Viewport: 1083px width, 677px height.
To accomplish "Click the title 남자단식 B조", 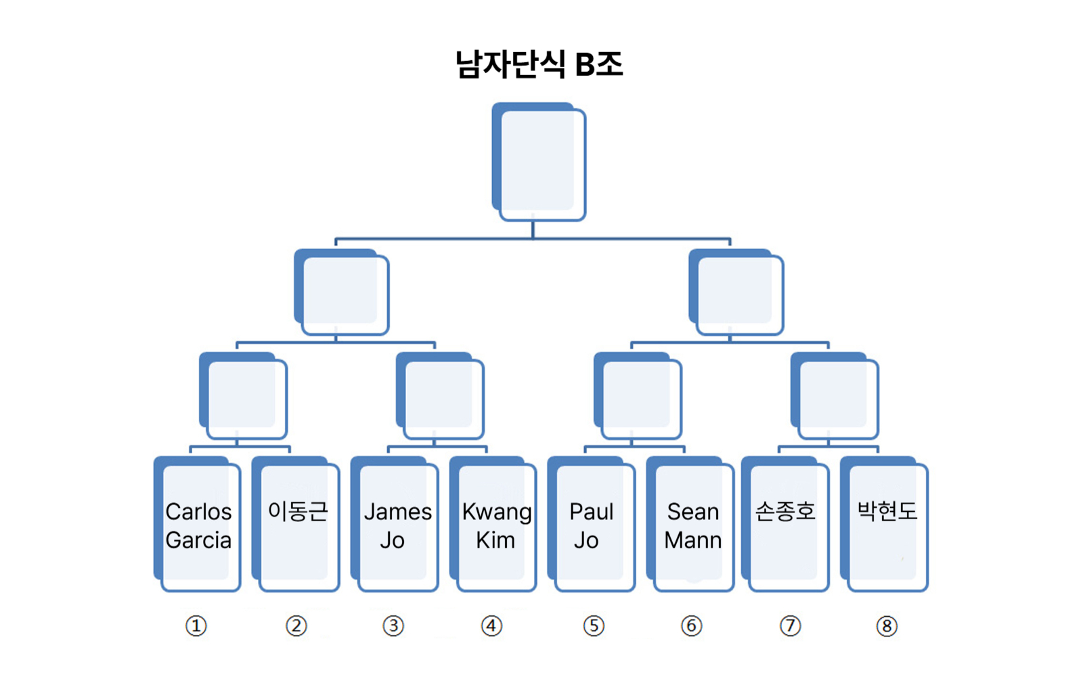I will pyautogui.click(x=539, y=65).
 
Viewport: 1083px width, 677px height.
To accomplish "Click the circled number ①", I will pyautogui.click(x=196, y=626).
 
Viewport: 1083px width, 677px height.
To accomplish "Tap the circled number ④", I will pyautogui.click(x=492, y=626).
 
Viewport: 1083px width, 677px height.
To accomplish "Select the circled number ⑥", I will pyautogui.click(x=691, y=626).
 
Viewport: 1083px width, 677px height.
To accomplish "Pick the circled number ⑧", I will pyautogui.click(x=887, y=626).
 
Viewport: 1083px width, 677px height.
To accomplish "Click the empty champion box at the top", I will pyautogui.click(x=539, y=162).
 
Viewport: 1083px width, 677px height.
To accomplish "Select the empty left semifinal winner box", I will pyautogui.click(x=342, y=292).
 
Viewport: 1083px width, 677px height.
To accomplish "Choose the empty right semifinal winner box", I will pyautogui.click(x=736, y=292).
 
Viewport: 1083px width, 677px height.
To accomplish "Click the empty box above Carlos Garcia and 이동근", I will pyautogui.click(x=244, y=397).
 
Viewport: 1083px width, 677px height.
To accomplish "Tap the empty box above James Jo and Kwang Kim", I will pyautogui.click(x=441, y=397).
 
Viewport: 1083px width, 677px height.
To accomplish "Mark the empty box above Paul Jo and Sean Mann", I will pyautogui.click(x=638, y=397).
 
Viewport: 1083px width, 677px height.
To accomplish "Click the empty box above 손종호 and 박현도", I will pyautogui.click(x=835, y=397).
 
